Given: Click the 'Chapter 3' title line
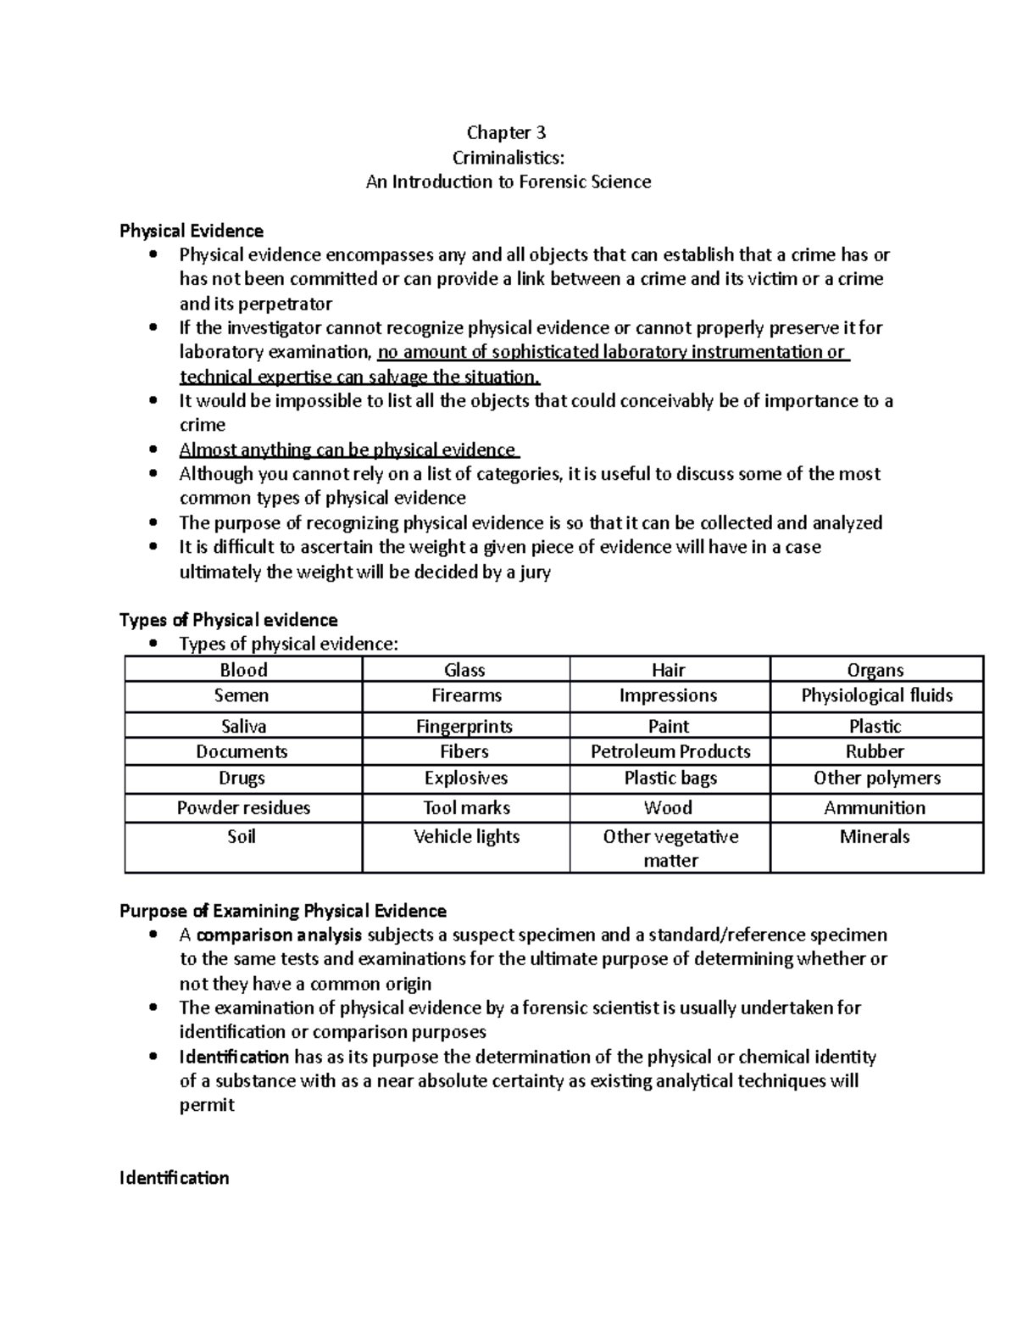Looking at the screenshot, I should (507, 132).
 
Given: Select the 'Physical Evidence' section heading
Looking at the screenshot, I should (192, 231).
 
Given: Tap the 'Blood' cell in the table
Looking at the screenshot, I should (243, 670).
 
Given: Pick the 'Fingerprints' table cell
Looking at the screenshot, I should (464, 726).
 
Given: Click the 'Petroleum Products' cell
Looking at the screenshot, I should (670, 751).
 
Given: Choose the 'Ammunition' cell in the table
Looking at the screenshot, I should (875, 807).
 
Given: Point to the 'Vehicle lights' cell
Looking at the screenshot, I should (466, 836).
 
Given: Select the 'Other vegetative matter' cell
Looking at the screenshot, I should (670, 848).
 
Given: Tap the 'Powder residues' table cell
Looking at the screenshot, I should (243, 807).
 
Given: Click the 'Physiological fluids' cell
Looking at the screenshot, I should (876, 695).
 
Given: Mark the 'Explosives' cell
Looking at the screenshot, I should (466, 778).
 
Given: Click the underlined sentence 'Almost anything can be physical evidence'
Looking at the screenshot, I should (347, 449).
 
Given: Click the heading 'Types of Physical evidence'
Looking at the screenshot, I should (229, 620).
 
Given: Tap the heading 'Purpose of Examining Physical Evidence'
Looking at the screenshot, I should (283, 911).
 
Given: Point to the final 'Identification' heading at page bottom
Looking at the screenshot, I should (175, 1178).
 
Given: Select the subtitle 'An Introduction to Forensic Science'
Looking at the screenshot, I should (508, 181).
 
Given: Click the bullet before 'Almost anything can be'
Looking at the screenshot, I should (153, 449).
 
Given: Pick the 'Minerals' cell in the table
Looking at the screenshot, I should (875, 836).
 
